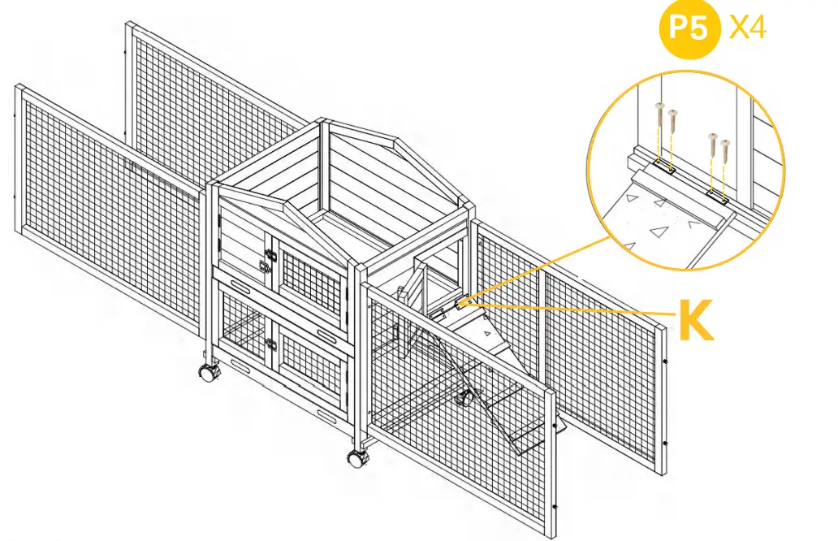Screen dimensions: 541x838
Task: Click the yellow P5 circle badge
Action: [x=689, y=30]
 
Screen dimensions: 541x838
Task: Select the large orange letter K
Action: [x=696, y=322]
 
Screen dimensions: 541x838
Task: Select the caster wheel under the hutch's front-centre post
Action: [x=356, y=458]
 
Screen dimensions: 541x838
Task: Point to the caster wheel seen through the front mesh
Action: [x=465, y=398]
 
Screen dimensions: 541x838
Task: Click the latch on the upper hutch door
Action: [x=266, y=261]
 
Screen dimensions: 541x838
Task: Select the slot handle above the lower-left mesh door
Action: [x=240, y=284]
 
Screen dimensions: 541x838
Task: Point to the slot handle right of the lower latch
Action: [x=327, y=334]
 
